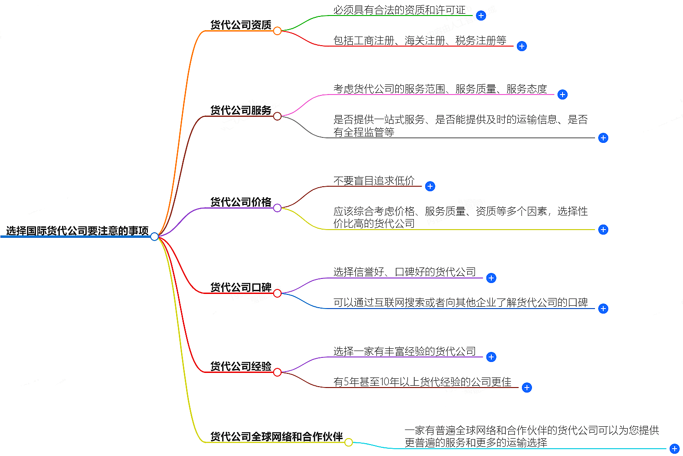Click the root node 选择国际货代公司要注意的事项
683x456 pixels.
(x=77, y=231)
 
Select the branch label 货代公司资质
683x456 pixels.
(x=240, y=25)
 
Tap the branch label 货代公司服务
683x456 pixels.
(x=240, y=110)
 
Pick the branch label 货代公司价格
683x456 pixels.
(x=240, y=202)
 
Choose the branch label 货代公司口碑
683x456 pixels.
(x=240, y=287)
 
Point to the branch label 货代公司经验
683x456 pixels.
(x=240, y=366)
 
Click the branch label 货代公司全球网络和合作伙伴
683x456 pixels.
(x=276, y=436)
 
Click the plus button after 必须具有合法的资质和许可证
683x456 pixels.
(x=481, y=16)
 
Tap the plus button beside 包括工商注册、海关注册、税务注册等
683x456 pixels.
(x=522, y=46)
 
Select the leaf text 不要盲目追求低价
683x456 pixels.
(x=374, y=181)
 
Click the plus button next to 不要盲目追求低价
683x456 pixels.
(x=430, y=186)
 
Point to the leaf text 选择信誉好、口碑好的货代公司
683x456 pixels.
(x=404, y=272)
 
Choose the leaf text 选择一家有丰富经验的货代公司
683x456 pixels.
(x=404, y=351)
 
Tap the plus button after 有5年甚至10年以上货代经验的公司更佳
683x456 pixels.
(x=527, y=388)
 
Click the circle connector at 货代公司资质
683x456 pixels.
(x=277, y=31)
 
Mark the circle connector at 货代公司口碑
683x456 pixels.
(x=277, y=293)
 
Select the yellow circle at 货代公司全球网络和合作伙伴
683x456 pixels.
(x=349, y=442)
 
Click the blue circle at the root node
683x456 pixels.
(x=155, y=236)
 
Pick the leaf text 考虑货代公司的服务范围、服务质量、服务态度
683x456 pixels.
(x=440, y=89)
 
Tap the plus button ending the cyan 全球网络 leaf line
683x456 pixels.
(x=675, y=449)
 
